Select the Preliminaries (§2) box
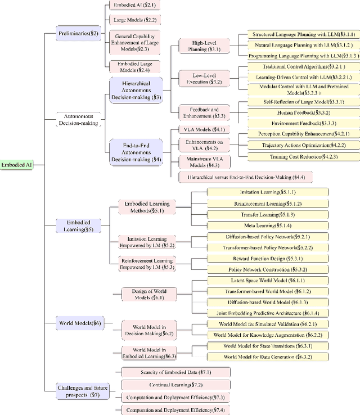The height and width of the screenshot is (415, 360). pyautogui.click(x=79, y=33)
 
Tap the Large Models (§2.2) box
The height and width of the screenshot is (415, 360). pyautogui.click(x=128, y=19)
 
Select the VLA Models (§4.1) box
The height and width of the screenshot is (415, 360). pyautogui.click(x=193, y=129)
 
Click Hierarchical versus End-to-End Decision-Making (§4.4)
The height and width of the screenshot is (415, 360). pyautogui.click(x=246, y=177)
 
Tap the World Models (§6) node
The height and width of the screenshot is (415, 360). pyautogui.click(x=80, y=323)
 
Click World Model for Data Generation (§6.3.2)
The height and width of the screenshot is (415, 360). pyautogui.click(x=267, y=357)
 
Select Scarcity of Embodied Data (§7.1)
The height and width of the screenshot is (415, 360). pyautogui.click(x=175, y=372)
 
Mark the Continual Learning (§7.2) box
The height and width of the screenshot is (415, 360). pyautogui.click(x=175, y=385)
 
